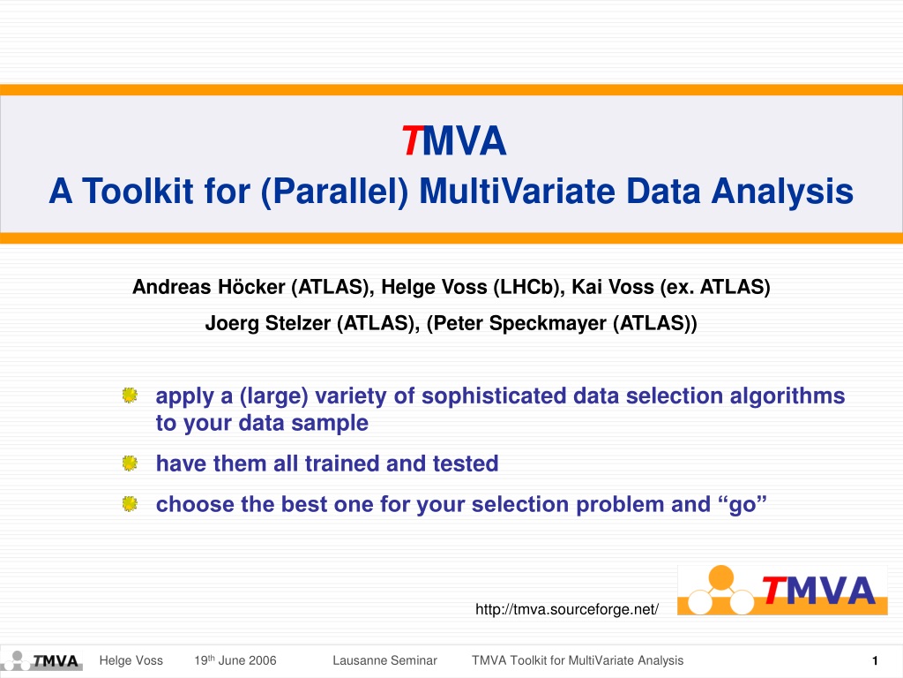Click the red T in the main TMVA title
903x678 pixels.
(x=413, y=140)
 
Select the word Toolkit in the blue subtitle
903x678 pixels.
(x=137, y=191)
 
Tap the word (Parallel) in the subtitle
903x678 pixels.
(x=334, y=192)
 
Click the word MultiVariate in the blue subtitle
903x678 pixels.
(x=517, y=191)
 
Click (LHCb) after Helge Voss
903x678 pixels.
(x=529, y=287)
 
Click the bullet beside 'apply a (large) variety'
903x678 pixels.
(x=130, y=395)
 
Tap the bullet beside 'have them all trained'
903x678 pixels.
(x=130, y=463)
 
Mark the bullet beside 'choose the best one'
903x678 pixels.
(x=130, y=504)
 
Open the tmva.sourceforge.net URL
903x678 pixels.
(x=567, y=609)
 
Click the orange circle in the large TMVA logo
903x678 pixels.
(x=721, y=577)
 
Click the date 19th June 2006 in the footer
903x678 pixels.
(x=235, y=660)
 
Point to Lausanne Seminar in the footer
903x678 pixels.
(x=384, y=660)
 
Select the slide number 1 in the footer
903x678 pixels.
(x=875, y=660)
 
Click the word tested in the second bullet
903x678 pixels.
(x=466, y=463)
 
